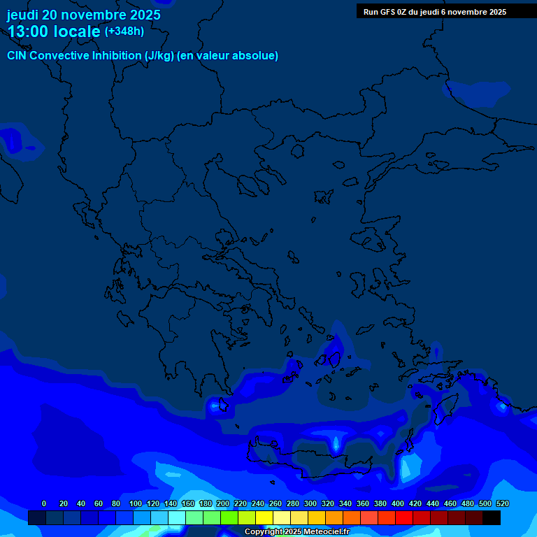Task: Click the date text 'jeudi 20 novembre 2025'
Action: point(83,15)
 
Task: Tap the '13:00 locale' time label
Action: point(55,31)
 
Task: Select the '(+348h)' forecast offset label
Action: point(124,31)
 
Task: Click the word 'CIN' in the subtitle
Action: point(17,55)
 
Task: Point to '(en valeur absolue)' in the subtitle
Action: point(227,55)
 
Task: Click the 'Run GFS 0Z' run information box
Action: point(435,12)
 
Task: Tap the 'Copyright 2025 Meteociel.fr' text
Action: point(296,532)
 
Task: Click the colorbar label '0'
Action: point(44,503)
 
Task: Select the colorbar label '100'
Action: point(135,503)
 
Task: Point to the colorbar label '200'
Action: point(222,503)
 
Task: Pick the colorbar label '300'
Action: point(310,503)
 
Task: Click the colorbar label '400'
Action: point(397,503)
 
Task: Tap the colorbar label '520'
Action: point(502,503)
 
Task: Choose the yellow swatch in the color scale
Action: point(264,518)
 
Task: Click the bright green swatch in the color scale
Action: point(229,518)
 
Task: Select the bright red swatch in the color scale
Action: point(403,518)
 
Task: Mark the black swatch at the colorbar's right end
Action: point(491,518)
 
